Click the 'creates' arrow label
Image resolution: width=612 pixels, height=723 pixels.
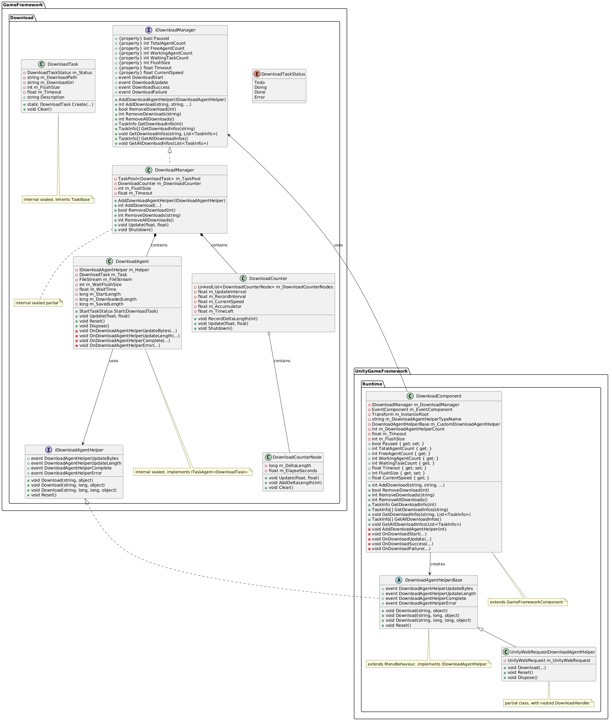click(x=438, y=564)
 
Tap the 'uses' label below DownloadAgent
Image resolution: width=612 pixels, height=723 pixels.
click(x=114, y=361)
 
